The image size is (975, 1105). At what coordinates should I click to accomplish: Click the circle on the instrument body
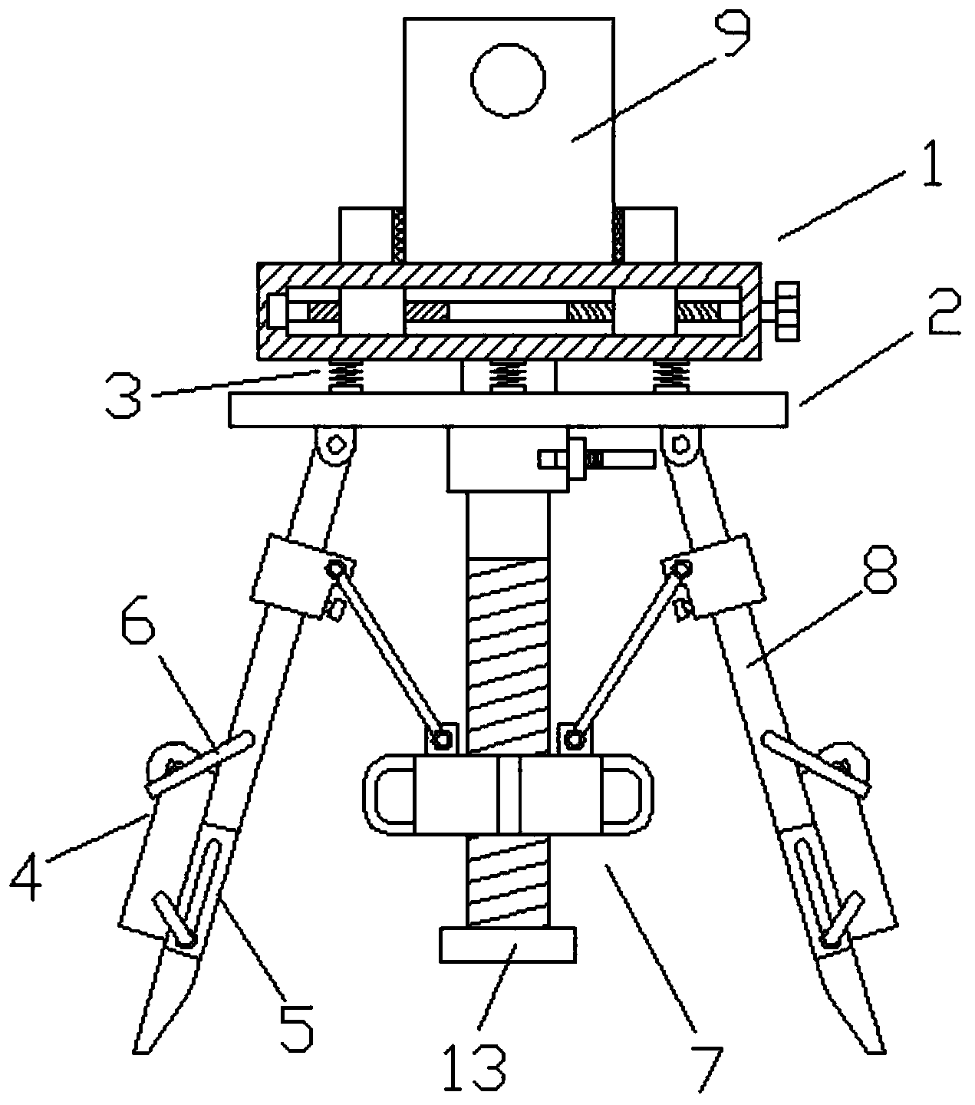(x=509, y=80)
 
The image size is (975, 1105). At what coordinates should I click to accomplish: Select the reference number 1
(x=932, y=164)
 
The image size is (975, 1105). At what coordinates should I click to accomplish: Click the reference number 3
(x=124, y=395)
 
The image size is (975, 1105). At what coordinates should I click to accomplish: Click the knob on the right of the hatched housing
(x=788, y=312)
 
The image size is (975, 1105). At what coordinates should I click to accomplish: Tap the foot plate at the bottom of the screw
(x=507, y=945)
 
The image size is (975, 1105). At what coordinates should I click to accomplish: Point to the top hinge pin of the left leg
(x=335, y=444)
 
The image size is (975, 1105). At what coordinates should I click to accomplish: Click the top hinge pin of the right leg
(x=680, y=444)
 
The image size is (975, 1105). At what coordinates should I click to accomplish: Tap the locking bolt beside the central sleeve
(x=596, y=459)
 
